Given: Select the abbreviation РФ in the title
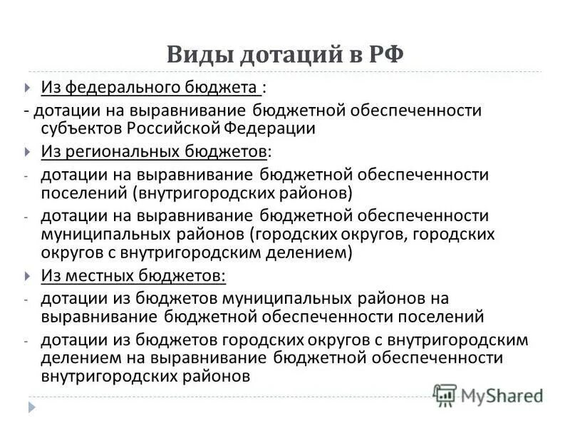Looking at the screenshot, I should (x=385, y=54).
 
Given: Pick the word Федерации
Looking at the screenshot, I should (x=260, y=128).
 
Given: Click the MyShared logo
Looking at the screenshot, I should (x=488, y=393).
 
